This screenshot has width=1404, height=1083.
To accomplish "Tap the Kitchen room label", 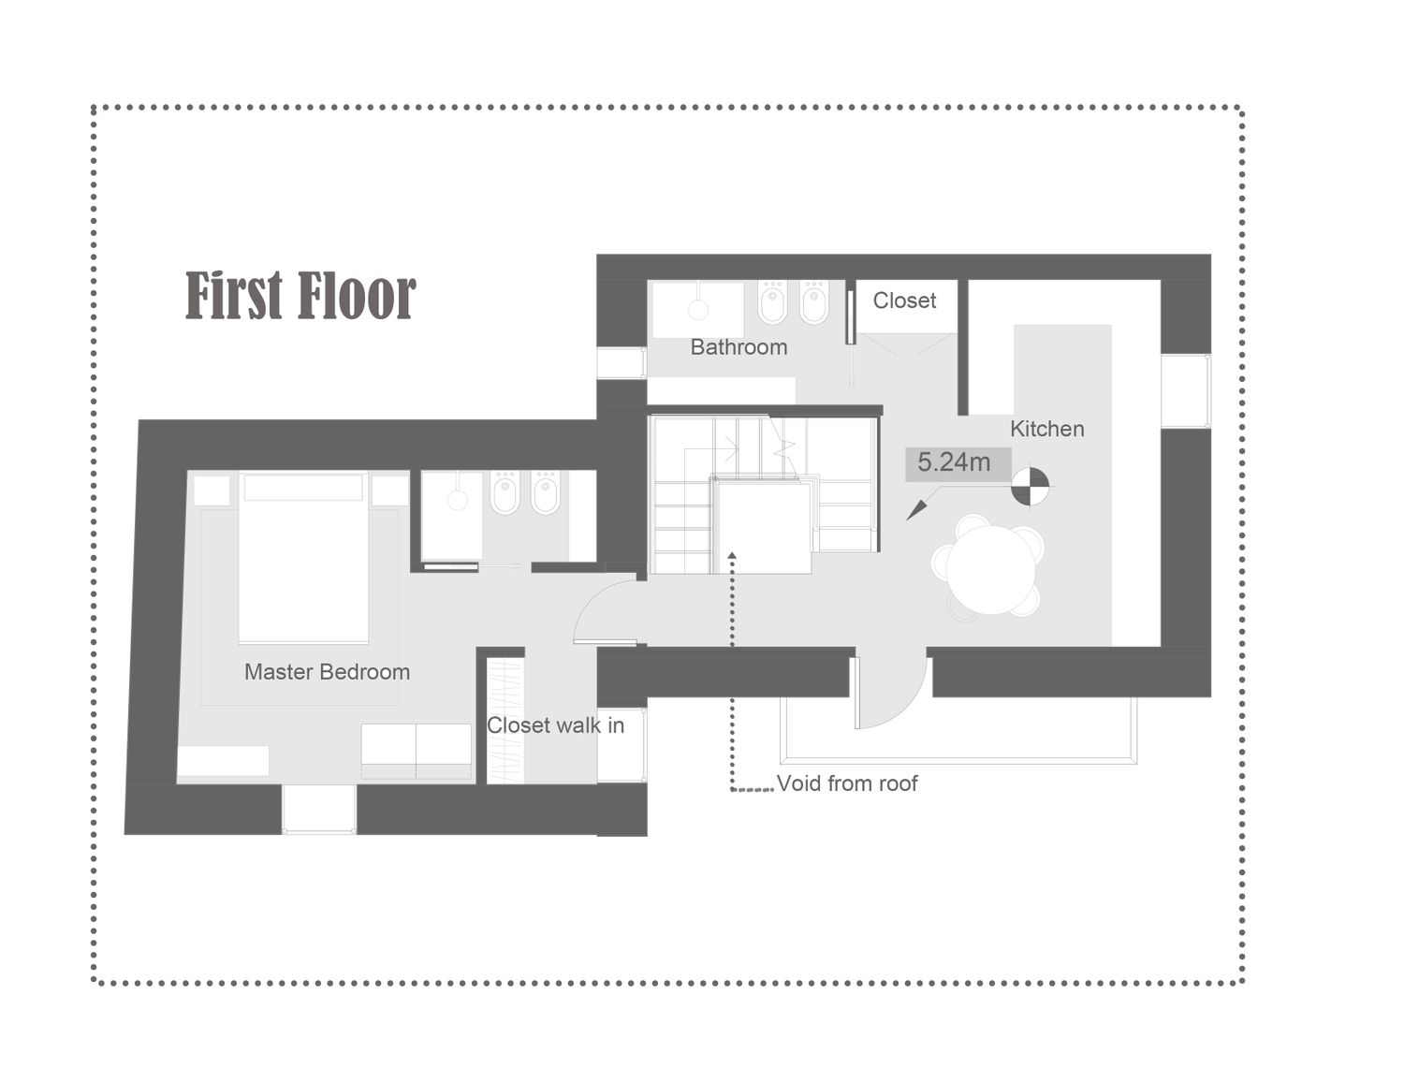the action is click(x=1046, y=429).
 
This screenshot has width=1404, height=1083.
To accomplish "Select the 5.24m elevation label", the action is click(x=955, y=462).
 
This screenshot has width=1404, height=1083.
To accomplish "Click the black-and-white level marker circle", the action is click(x=1030, y=485).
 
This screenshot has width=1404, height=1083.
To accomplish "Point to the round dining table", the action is click(x=990, y=569).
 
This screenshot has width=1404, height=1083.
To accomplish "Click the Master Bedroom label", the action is click(x=327, y=672).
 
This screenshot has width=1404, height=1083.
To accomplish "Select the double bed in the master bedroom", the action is click(x=303, y=558).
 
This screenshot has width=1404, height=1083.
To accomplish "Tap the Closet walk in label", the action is click(x=556, y=725).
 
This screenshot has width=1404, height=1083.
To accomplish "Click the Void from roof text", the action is click(x=847, y=783).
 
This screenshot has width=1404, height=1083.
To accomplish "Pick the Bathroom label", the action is click(x=739, y=347).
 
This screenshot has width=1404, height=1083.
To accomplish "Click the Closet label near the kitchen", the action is click(x=904, y=300).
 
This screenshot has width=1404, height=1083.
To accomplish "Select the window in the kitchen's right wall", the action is click(x=1186, y=391).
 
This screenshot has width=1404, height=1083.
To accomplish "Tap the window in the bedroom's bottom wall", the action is click(x=318, y=809).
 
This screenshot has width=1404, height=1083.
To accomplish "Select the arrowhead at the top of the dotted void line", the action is click(x=732, y=556).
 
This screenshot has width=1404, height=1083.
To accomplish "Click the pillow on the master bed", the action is click(x=303, y=488).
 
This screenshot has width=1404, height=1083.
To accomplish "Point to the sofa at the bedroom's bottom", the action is click(x=417, y=752).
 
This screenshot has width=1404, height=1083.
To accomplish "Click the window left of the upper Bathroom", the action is click(x=622, y=363).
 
